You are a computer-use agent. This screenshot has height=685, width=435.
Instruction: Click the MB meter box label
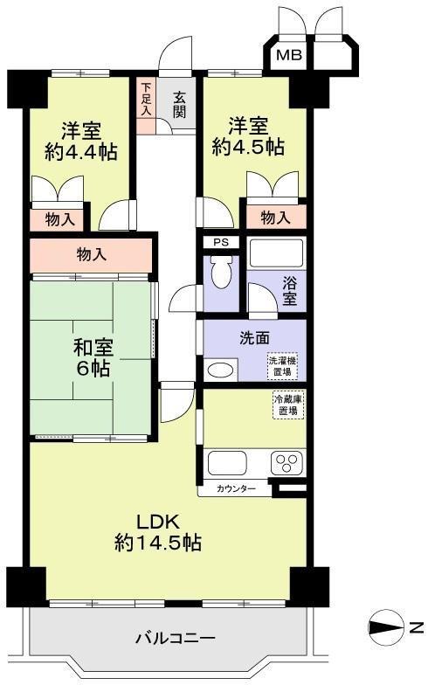[289, 56]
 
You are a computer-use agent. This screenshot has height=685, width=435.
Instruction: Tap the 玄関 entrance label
[180, 105]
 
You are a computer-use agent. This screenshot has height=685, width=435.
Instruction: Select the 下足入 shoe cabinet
[147, 106]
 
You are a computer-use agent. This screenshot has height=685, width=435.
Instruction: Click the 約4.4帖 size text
[81, 152]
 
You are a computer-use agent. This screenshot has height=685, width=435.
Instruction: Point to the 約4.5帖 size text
[248, 147]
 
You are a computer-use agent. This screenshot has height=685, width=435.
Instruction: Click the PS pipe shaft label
[221, 242]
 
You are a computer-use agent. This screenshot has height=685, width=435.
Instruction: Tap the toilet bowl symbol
[221, 272]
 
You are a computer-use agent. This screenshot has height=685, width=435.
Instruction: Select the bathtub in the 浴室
[276, 253]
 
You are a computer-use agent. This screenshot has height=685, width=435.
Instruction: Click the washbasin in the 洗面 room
[221, 370]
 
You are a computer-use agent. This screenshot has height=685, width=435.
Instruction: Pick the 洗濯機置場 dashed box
[283, 367]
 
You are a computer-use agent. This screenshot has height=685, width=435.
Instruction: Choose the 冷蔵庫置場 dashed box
[288, 405]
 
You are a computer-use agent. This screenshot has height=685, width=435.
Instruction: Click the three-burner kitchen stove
[287, 463]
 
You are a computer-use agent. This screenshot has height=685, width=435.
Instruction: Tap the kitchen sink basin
[227, 463]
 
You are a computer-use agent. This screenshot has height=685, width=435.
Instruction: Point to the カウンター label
[236, 489]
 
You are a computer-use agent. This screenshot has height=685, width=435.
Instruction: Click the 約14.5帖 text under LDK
[158, 542]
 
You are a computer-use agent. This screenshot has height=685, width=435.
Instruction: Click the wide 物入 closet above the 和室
[91, 255]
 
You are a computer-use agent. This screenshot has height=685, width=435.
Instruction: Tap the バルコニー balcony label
[175, 638]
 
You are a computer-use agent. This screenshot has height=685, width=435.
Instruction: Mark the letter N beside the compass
[418, 627]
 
